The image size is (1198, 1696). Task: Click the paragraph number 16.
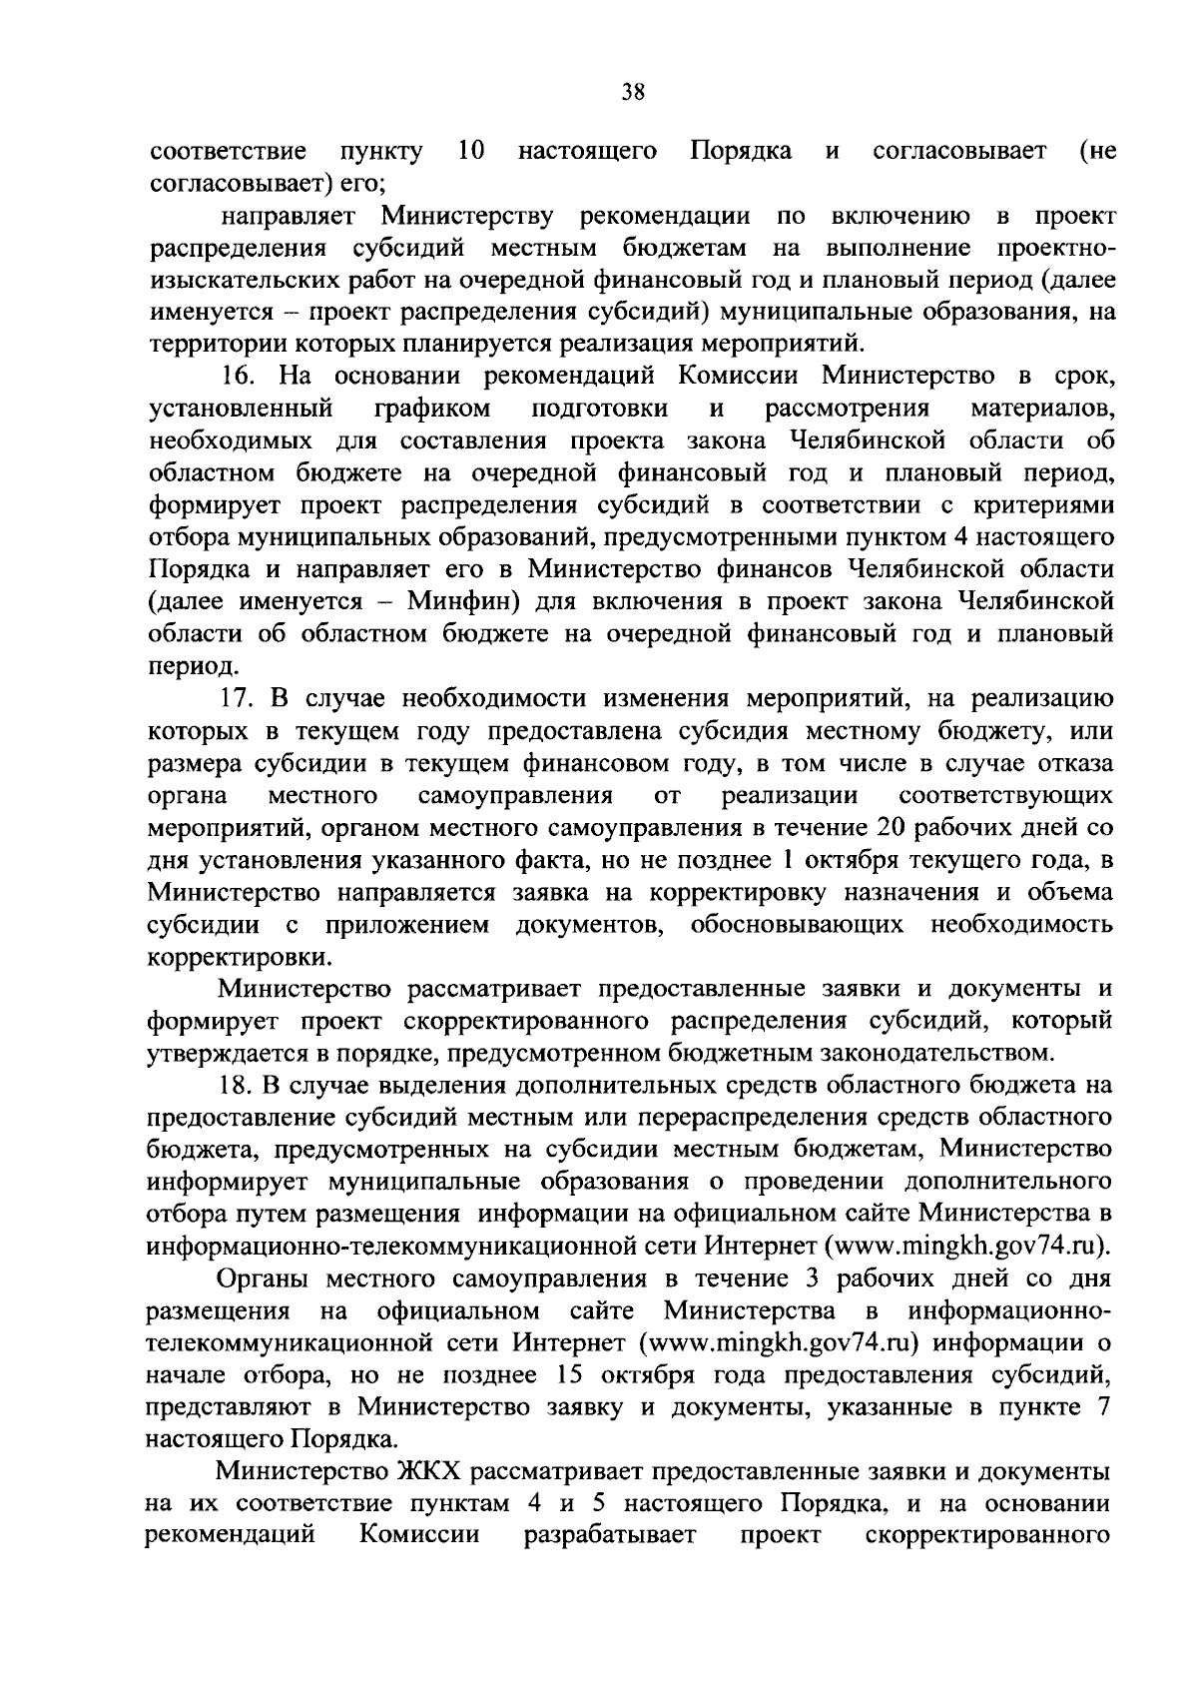point(240,376)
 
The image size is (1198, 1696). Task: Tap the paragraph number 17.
point(240,697)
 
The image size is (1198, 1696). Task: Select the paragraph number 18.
point(240,1084)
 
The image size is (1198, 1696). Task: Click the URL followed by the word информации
point(778,1341)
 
